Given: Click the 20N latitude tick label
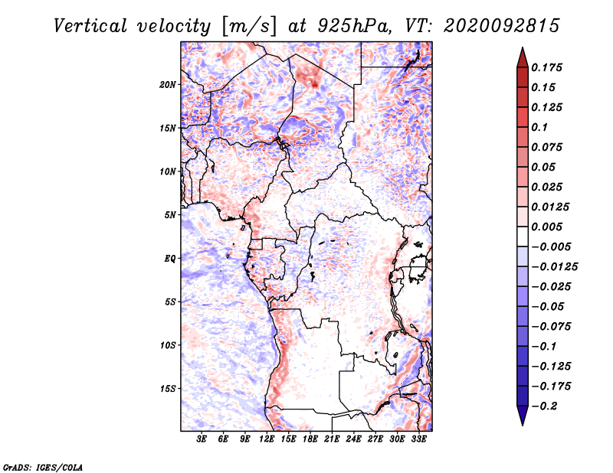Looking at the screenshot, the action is click(168, 84).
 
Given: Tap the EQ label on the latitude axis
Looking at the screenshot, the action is click(170, 258).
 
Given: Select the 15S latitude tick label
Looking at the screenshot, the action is click(168, 389).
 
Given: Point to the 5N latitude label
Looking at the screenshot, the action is click(170, 215).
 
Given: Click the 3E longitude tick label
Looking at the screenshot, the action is click(202, 439).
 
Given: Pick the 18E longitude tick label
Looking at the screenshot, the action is click(310, 439).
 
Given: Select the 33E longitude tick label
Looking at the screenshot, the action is click(418, 439).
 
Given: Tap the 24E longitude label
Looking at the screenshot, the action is click(353, 439).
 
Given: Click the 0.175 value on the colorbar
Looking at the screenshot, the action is click(546, 67).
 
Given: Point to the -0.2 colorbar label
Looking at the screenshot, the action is click(544, 406).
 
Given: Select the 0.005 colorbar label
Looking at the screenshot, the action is click(546, 227).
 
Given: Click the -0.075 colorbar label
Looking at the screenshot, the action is click(551, 327).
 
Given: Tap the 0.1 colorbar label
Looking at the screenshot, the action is click(539, 127).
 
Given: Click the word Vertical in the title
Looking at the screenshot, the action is click(90, 26).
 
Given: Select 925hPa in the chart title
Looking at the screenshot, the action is click(354, 26).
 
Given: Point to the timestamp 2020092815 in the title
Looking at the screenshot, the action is click(502, 26).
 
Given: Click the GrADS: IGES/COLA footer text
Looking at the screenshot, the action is click(43, 468).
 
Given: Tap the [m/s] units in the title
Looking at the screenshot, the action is click(249, 27).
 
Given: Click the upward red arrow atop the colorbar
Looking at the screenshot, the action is click(523, 57).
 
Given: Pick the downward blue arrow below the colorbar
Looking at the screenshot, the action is click(523, 416).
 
